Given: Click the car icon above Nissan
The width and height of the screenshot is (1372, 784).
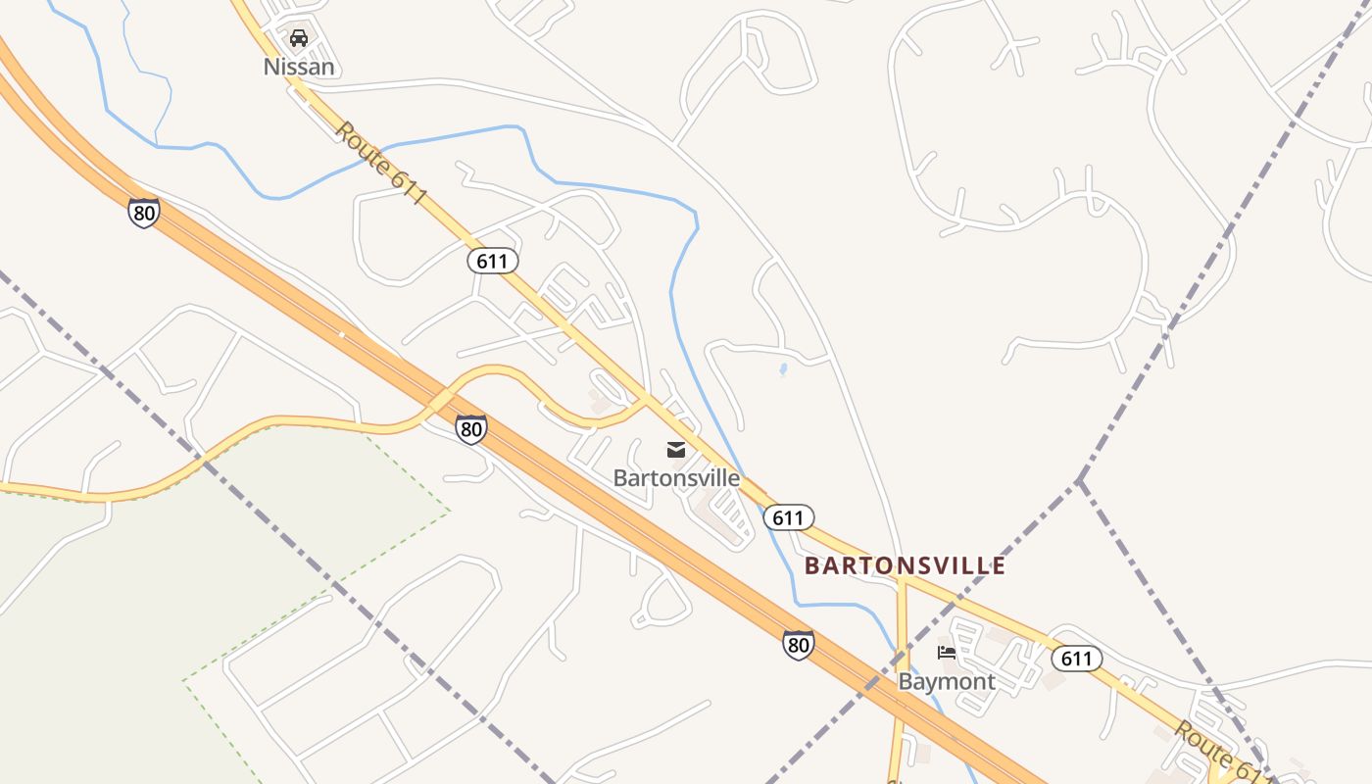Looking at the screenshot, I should coord(299,38).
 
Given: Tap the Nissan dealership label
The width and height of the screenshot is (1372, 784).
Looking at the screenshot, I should coord(299,67).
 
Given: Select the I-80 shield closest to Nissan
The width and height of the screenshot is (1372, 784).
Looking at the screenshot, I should coord(143,212).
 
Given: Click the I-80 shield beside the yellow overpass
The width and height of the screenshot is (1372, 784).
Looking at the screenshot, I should coord(470,428).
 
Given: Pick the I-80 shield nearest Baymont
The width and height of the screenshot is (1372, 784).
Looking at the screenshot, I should coord(798,644).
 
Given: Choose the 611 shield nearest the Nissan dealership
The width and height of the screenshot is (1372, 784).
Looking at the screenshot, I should coord(492,261).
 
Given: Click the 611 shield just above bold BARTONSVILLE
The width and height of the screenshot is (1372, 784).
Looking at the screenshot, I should coord(788,517).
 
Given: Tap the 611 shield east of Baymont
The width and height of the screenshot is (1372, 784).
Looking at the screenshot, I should coord(1076,659).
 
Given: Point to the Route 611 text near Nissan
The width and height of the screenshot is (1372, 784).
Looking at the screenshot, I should coord(381,163).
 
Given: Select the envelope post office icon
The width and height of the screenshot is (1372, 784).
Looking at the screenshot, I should coord(676,450).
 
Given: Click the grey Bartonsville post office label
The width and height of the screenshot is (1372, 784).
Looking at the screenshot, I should coord(676,478).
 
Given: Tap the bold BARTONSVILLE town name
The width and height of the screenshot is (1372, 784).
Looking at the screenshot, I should coord(905,565).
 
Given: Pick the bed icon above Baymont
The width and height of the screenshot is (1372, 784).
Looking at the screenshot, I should coord(946,653).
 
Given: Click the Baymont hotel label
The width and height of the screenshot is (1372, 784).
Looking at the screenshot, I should coord(946,681).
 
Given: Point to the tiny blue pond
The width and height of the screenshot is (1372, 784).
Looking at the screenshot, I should coord(782,370).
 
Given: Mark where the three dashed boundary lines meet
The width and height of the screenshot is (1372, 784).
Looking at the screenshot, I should coord(1078,480).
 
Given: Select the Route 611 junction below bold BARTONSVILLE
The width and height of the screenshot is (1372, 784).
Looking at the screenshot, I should coord(903,581).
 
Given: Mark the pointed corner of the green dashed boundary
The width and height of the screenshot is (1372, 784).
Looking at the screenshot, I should coord(449,510).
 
